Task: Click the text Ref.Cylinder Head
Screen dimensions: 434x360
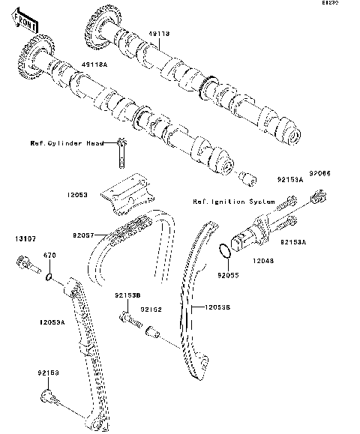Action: [66, 142]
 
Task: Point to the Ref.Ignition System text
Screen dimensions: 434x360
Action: [225, 202]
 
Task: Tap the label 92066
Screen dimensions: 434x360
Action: [321, 173]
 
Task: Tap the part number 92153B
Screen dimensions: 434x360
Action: [127, 297]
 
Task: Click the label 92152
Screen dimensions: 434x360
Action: [153, 308]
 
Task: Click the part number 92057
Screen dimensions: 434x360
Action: [85, 235]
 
